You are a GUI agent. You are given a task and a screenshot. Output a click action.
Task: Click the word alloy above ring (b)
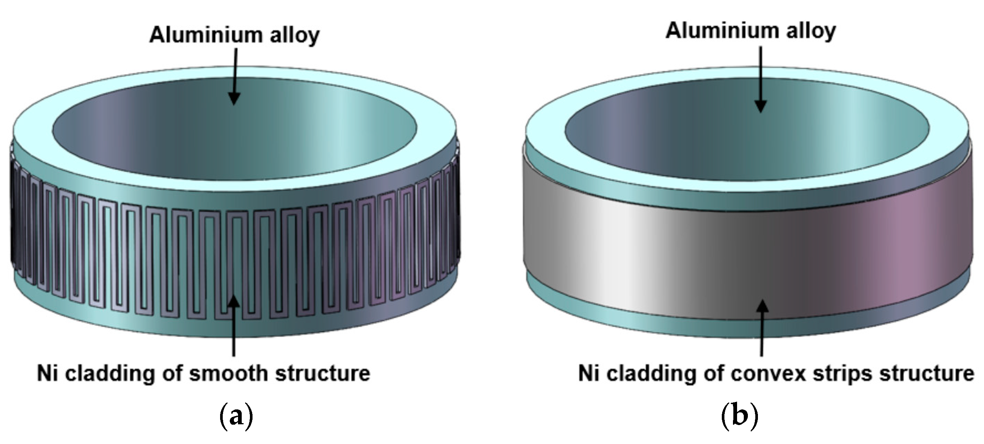click(x=810, y=31)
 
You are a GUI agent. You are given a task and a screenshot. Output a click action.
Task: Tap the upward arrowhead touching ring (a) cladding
click(x=234, y=302)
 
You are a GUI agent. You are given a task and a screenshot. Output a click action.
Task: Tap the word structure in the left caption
click(x=323, y=373)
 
